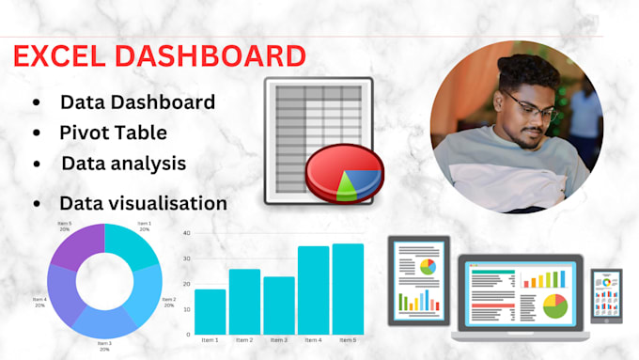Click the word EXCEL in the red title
(59, 55)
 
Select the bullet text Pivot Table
(113, 132)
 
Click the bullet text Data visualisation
(143, 202)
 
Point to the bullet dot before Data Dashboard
(36, 102)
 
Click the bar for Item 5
(348, 289)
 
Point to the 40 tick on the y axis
(187, 232)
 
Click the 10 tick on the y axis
(187, 308)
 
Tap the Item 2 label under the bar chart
(244, 340)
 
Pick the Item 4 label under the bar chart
(313, 340)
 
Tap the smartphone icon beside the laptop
(605, 296)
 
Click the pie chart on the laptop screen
(555, 305)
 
